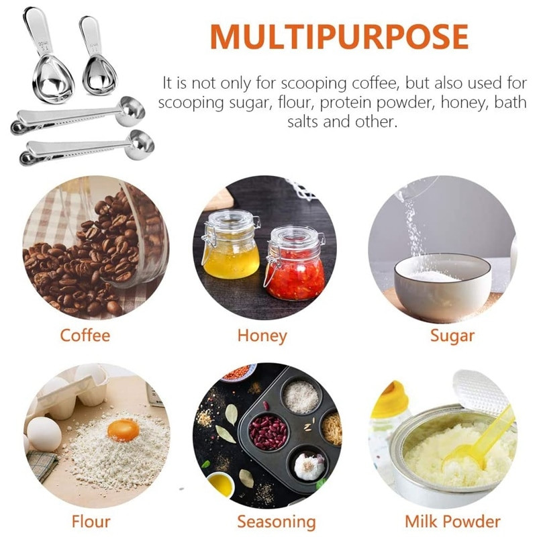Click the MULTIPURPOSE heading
339,36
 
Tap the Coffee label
85,335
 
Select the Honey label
262,336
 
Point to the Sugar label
452,336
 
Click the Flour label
91,522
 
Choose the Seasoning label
276,522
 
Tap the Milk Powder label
452,522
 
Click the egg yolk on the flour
124,430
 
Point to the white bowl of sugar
442,287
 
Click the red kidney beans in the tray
268,432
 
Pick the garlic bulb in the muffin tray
309,466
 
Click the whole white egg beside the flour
44,434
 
